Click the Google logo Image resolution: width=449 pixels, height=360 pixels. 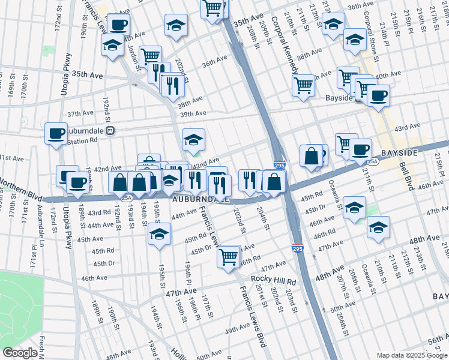click(x=20, y=353)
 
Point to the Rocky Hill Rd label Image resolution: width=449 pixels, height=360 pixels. click(x=274, y=281)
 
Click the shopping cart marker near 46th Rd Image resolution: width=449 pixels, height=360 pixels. click(x=229, y=257)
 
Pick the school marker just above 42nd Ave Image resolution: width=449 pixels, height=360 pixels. click(x=193, y=140)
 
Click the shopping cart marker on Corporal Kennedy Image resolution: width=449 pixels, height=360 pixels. click(x=304, y=85)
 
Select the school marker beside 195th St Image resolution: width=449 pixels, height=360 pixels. click(x=159, y=234)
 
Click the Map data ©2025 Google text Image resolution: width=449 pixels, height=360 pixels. click(x=412, y=355)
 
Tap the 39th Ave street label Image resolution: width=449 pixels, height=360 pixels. click(x=193, y=113)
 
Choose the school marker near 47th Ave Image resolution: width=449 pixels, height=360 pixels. click(x=379, y=227)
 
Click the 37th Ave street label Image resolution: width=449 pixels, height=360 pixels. click(x=80, y=113)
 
